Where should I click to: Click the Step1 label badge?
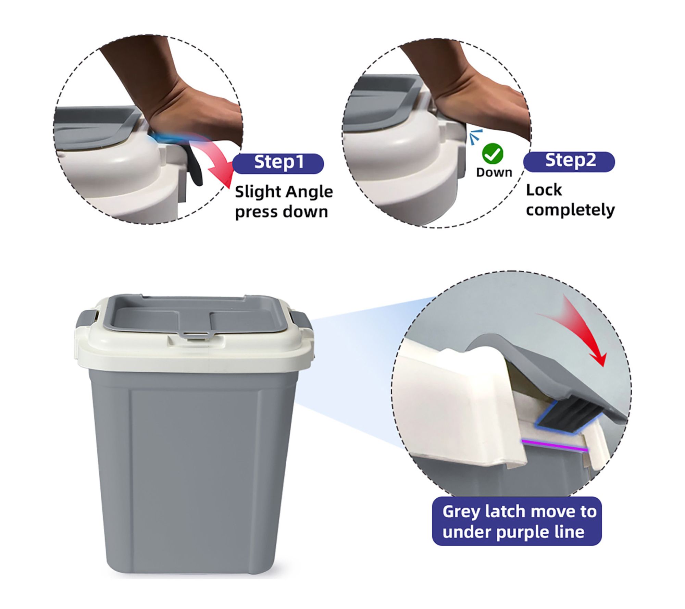[278, 163]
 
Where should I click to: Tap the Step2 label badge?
[569, 161]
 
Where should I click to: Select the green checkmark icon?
[493, 154]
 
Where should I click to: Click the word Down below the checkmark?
[494, 172]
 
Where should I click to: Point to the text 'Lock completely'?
[570, 200]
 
